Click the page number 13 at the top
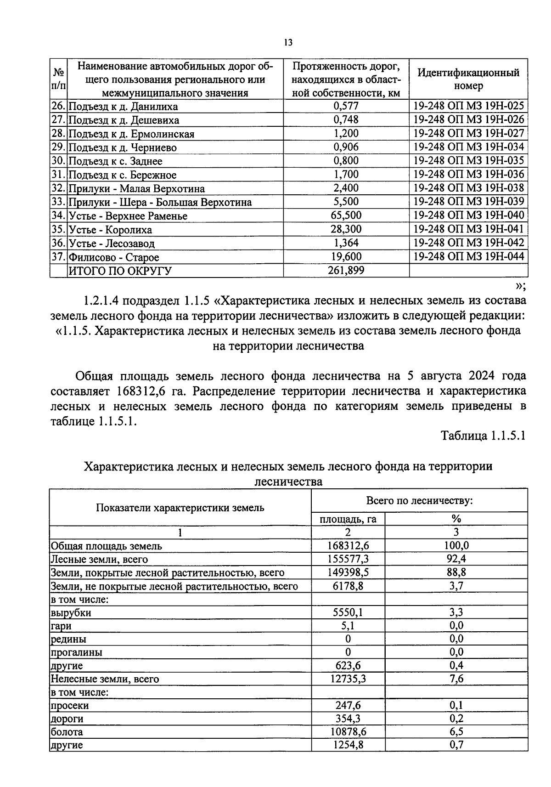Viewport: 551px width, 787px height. click(x=288, y=43)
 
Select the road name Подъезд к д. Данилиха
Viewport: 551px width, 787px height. click(x=123, y=107)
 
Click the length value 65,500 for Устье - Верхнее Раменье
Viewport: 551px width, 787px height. click(x=346, y=215)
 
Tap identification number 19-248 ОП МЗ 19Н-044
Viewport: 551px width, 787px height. click(x=468, y=256)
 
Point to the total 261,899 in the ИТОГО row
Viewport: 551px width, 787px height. click(x=346, y=270)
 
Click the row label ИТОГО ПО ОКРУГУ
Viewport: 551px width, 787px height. click(x=120, y=271)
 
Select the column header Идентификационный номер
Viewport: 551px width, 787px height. click(x=468, y=79)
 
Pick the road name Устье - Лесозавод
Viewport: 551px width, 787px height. click(x=112, y=243)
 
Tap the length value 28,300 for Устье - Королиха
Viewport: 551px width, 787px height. click(x=346, y=229)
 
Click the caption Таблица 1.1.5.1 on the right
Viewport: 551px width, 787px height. click(x=483, y=436)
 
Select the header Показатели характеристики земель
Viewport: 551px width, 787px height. click(x=180, y=508)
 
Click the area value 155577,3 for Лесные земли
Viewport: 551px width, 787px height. click(x=348, y=559)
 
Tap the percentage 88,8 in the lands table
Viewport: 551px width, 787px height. click(x=455, y=572)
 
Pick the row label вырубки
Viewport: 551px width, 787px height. click(x=71, y=613)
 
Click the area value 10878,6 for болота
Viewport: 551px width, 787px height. click(x=348, y=732)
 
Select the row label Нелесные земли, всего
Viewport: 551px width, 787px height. click(x=105, y=679)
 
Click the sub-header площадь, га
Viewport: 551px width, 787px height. click(x=348, y=519)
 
